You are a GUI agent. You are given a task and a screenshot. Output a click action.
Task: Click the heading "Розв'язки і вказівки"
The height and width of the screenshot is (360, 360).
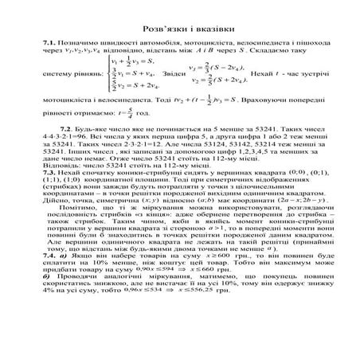coord(179,27)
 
